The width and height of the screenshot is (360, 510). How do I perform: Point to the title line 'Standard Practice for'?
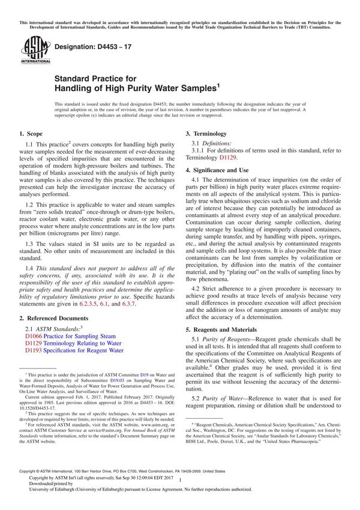[95, 79]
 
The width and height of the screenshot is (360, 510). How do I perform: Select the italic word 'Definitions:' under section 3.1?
[215, 144]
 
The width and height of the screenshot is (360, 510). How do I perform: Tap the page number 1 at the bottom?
[179, 490]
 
